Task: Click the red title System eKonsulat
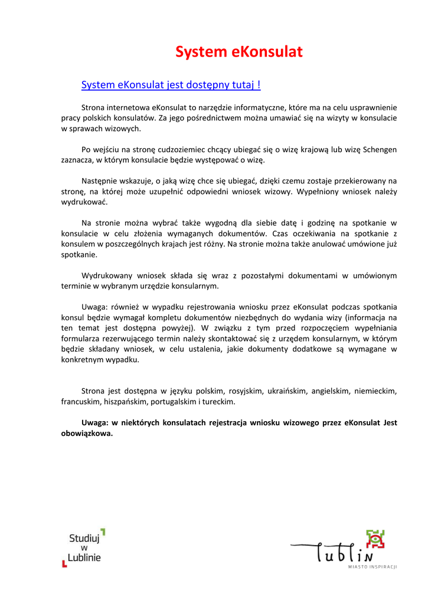coord(238,52)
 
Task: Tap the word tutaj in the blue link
coord(243,86)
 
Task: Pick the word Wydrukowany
coord(106,275)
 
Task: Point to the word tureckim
coord(218,402)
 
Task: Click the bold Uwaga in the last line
coord(94,422)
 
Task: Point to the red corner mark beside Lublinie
coord(64,563)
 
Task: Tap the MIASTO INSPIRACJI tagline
coord(372,566)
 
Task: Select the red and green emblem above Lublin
coord(374,539)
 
